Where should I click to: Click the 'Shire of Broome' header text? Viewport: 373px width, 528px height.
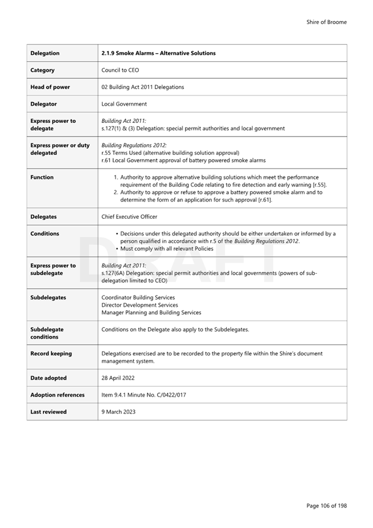[x=326, y=22]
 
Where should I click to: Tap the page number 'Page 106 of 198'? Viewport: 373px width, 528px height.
[x=326, y=505]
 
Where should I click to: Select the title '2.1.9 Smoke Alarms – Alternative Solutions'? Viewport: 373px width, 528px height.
[x=158, y=53]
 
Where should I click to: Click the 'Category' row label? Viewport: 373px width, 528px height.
[x=42, y=70]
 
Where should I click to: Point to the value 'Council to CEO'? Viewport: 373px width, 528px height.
[x=120, y=70]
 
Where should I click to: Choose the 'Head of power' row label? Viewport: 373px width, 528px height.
[x=50, y=87]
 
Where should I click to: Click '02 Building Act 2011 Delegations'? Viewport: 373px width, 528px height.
[x=143, y=87]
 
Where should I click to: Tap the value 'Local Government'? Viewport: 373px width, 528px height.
[x=124, y=104]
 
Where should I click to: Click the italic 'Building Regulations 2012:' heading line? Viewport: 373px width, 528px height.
[x=134, y=145]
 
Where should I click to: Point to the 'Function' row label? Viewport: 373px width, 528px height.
[x=42, y=177]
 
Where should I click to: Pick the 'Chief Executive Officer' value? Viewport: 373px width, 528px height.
[x=129, y=217]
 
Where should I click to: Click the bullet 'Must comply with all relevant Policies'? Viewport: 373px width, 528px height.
[x=166, y=249]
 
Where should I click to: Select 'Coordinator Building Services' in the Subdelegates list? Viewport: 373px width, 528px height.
[x=138, y=297]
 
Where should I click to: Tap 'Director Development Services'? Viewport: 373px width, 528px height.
[x=139, y=305]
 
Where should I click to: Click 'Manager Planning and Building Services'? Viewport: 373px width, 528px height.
[x=151, y=313]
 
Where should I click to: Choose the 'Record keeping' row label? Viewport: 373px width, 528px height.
[x=51, y=353]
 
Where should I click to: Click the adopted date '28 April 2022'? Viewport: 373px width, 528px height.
[x=118, y=378]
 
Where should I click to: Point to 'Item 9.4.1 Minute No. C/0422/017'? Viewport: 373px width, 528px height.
[x=143, y=395]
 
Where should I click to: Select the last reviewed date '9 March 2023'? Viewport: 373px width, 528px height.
[x=118, y=411]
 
